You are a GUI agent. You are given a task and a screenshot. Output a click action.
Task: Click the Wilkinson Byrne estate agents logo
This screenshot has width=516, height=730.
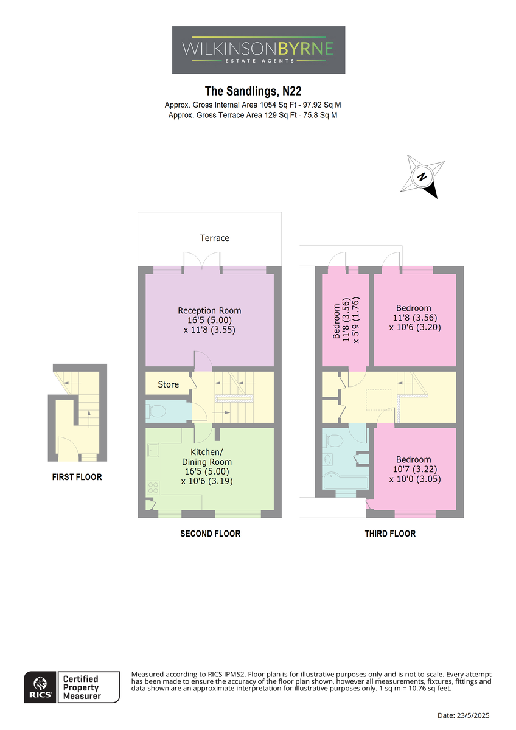[x=258, y=50]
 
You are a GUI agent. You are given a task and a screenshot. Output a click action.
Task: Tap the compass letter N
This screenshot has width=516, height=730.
[x=422, y=177]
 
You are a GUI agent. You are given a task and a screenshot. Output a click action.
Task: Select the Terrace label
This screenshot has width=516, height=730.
[x=214, y=238]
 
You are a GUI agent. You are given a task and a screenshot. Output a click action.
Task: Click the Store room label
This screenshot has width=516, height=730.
[x=168, y=384]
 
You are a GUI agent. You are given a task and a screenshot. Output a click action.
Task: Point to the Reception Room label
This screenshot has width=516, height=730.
[x=209, y=311]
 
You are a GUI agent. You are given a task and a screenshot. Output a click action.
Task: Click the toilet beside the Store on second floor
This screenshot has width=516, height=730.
[x=156, y=411]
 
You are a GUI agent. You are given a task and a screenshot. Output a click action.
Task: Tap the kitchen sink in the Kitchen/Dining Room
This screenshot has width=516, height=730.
[x=153, y=450]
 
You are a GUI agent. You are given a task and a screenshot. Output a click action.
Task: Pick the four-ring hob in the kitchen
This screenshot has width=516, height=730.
[x=153, y=488]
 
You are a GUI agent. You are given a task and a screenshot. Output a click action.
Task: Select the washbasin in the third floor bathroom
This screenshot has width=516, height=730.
[x=327, y=459]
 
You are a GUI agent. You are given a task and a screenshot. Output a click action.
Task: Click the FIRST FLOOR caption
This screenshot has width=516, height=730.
[x=77, y=477]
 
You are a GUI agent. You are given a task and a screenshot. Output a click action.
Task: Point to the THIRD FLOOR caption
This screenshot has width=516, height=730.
[x=390, y=534]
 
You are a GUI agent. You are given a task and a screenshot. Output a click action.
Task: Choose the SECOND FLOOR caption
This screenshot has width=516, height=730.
[x=211, y=534]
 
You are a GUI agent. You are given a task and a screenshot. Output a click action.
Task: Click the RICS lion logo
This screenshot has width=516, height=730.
[x=40, y=686]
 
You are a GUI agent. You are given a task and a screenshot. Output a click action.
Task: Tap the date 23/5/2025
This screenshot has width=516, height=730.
[x=473, y=715]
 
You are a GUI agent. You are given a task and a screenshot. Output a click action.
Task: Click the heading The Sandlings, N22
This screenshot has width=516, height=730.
[x=253, y=91]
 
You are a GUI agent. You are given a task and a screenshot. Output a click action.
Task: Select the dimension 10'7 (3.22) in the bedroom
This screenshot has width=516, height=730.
[x=415, y=469]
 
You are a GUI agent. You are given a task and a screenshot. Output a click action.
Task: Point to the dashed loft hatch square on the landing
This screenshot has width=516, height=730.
[x=379, y=399]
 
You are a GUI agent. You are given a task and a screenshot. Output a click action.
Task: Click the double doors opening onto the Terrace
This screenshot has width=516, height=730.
[x=202, y=261]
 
